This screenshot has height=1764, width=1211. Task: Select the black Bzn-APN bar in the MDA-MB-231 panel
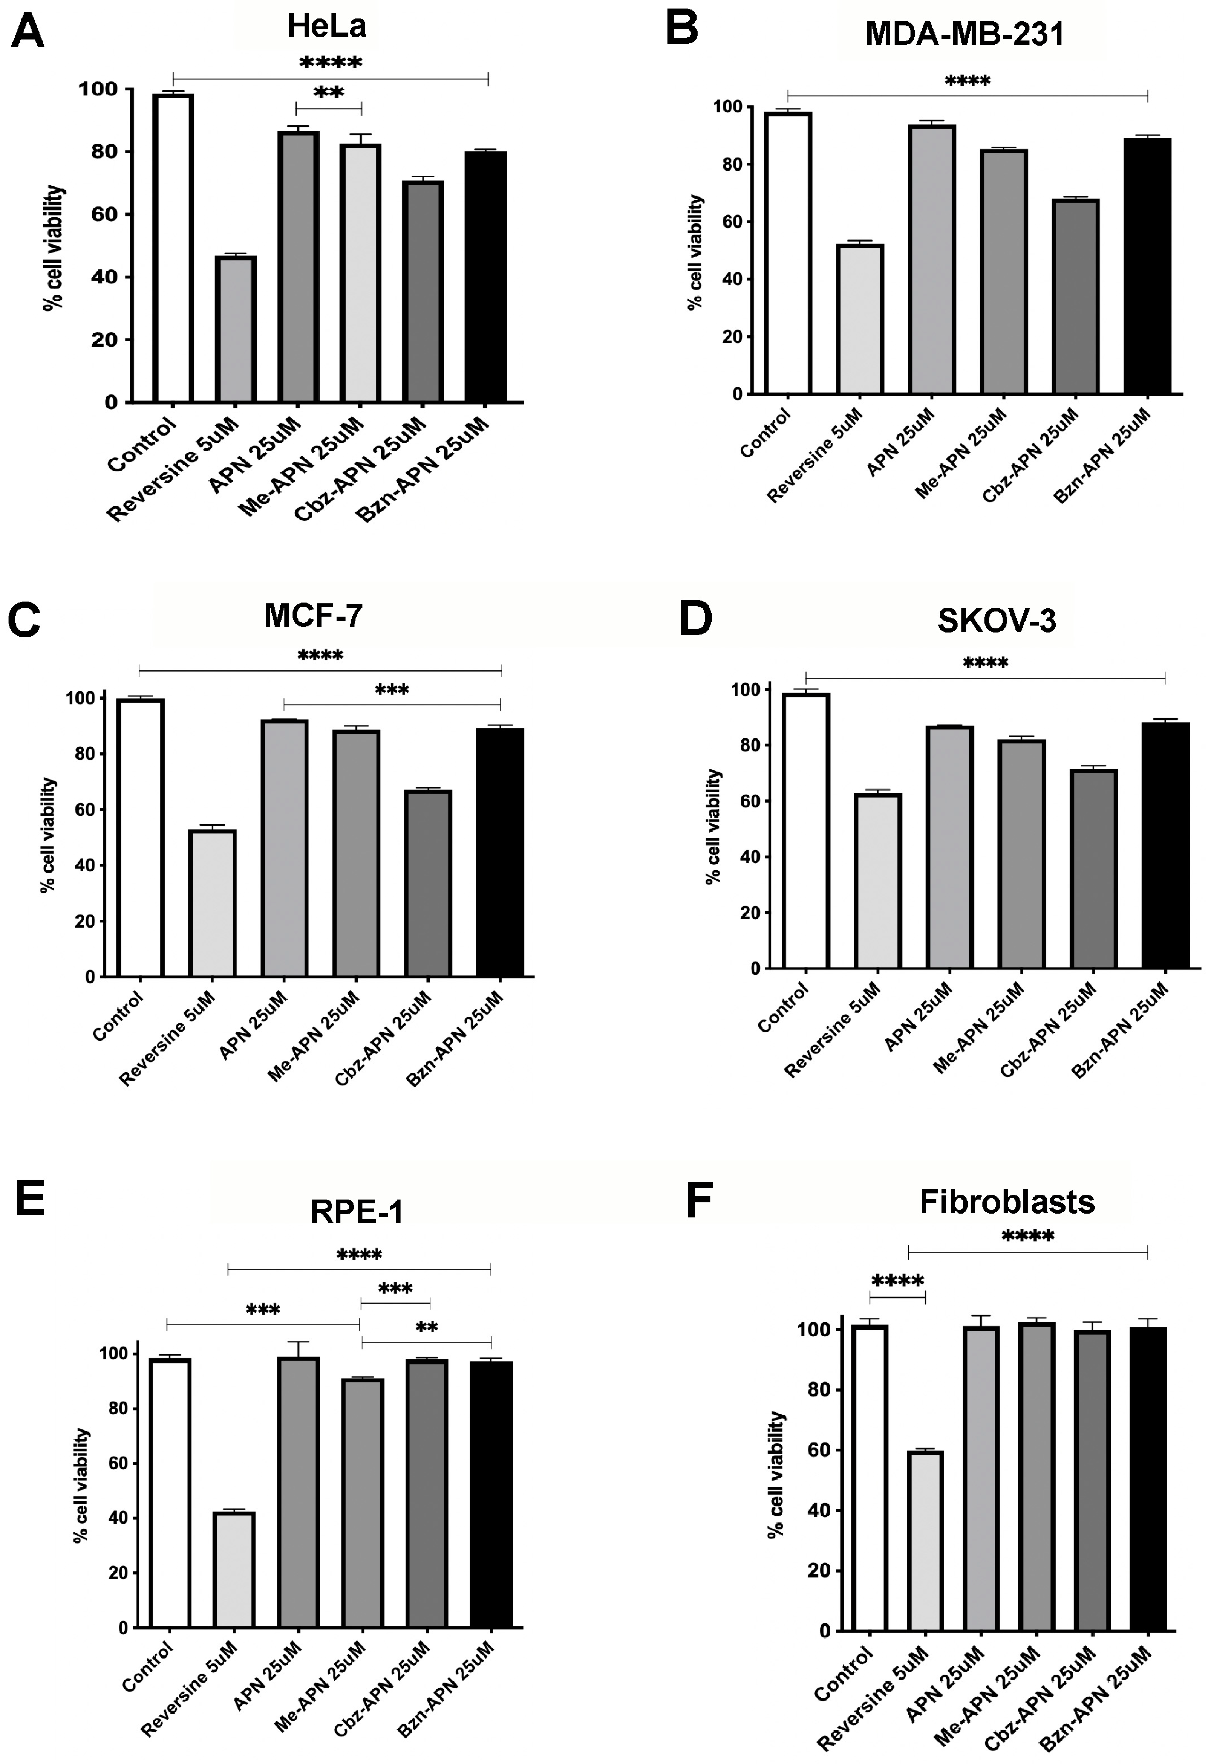click(x=1147, y=266)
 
